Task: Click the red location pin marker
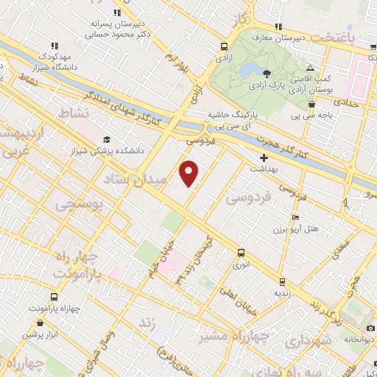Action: pos(189,172)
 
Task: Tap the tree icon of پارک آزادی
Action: pos(267,74)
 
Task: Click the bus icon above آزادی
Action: pos(222,46)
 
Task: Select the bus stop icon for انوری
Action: pos(241,253)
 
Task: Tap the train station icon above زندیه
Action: pos(281,281)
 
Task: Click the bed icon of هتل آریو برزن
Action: pos(295,218)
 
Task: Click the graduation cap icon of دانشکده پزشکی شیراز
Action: pos(108,139)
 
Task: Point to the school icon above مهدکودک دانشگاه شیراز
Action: pos(55,46)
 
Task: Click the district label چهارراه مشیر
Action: pos(229,336)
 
